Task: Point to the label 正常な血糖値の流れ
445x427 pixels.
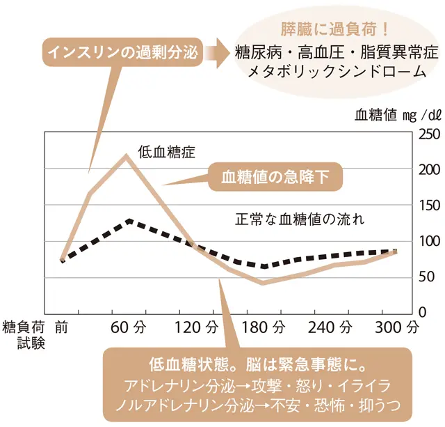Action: click(x=300, y=217)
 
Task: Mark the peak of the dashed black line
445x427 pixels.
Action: click(x=129, y=221)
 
